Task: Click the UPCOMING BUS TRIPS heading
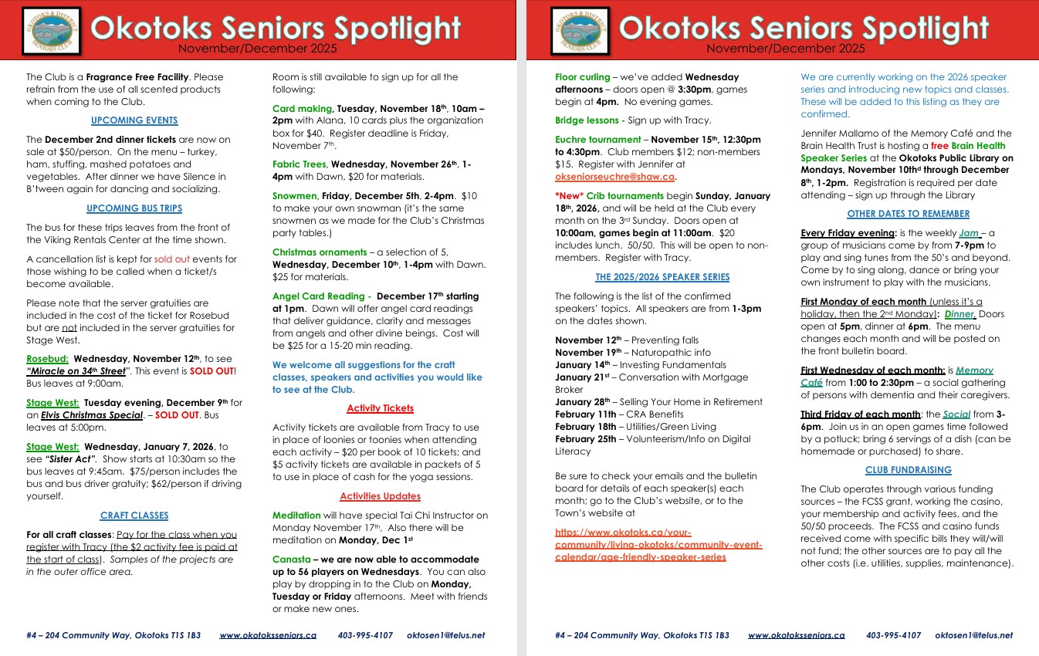click(x=134, y=208)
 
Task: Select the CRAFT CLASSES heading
click(x=134, y=515)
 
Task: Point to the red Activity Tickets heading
click(x=380, y=408)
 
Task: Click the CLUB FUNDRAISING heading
click(x=908, y=469)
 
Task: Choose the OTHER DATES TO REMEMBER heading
click(x=908, y=214)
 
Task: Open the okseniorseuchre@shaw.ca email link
click(x=614, y=176)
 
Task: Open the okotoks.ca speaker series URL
click(x=658, y=545)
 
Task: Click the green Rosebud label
click(x=47, y=359)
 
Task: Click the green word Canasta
click(x=292, y=559)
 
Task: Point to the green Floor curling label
click(x=583, y=77)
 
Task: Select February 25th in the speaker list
click(x=585, y=439)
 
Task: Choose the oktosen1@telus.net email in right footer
click(x=973, y=635)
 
